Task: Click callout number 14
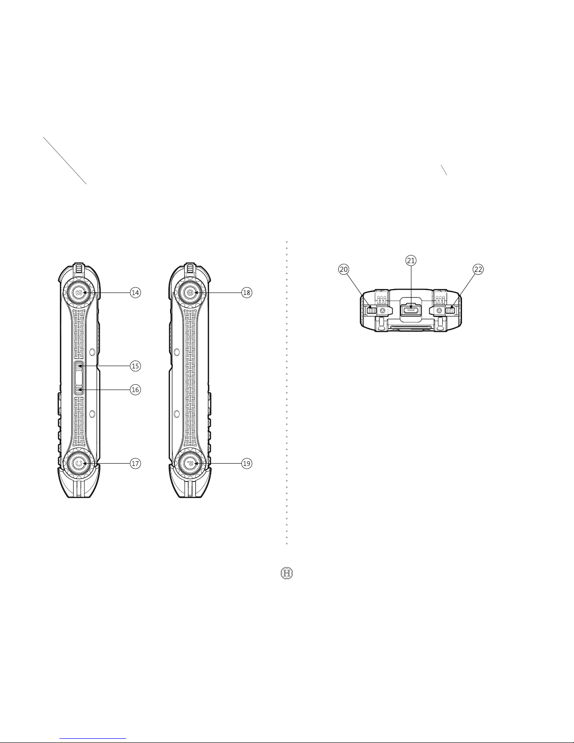(135, 293)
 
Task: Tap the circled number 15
(135, 366)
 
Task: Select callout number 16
(135, 390)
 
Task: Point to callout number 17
(135, 463)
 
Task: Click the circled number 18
(246, 293)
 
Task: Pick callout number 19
(246, 463)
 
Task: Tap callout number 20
(344, 270)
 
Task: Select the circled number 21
(410, 261)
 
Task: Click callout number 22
(478, 270)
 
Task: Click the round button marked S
(79, 293)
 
